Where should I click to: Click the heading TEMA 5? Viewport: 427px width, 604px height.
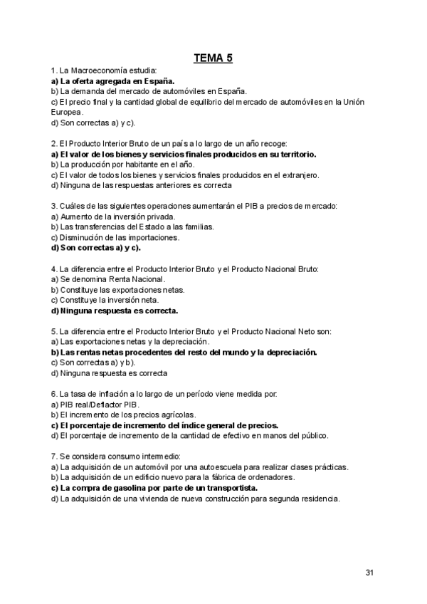point(213,58)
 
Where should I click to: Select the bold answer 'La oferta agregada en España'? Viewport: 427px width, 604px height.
point(113,81)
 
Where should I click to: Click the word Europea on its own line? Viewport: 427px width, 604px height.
point(67,112)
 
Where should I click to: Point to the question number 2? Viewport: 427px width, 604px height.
point(54,144)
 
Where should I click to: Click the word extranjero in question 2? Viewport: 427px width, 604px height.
point(299,175)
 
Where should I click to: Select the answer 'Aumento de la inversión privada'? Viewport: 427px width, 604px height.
point(113,217)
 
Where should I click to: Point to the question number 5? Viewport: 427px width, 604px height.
point(54,331)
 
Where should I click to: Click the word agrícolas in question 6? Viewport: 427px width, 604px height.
point(172,415)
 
